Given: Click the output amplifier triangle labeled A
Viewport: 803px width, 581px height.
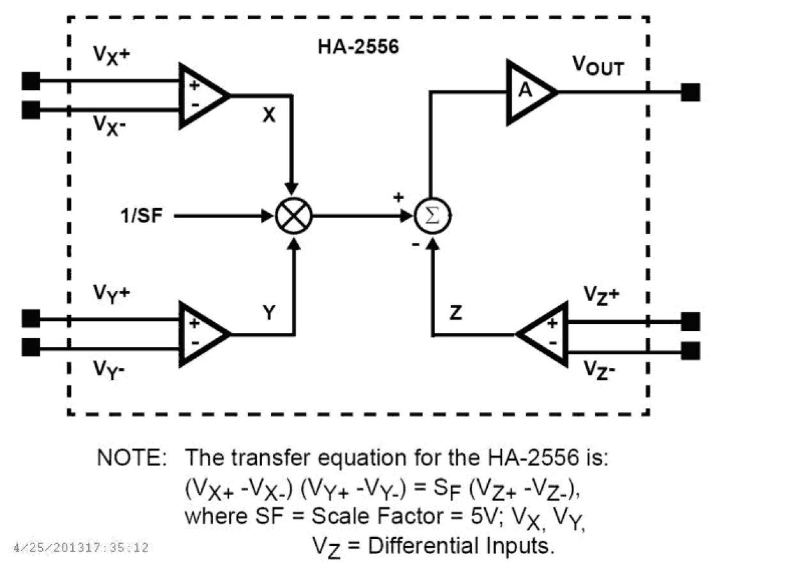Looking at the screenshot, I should [527, 92].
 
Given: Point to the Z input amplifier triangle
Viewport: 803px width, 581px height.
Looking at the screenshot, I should [545, 334].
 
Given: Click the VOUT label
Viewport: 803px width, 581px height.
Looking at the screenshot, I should [597, 65].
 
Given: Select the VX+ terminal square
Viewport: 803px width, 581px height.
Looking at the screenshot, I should [31, 81].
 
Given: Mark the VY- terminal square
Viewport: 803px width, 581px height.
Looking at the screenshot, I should [31, 348].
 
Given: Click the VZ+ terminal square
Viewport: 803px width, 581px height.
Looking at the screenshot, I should [690, 321].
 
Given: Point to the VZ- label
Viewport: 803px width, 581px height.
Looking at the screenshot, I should [599, 371].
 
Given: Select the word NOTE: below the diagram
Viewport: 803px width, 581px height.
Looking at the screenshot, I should [132, 458].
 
